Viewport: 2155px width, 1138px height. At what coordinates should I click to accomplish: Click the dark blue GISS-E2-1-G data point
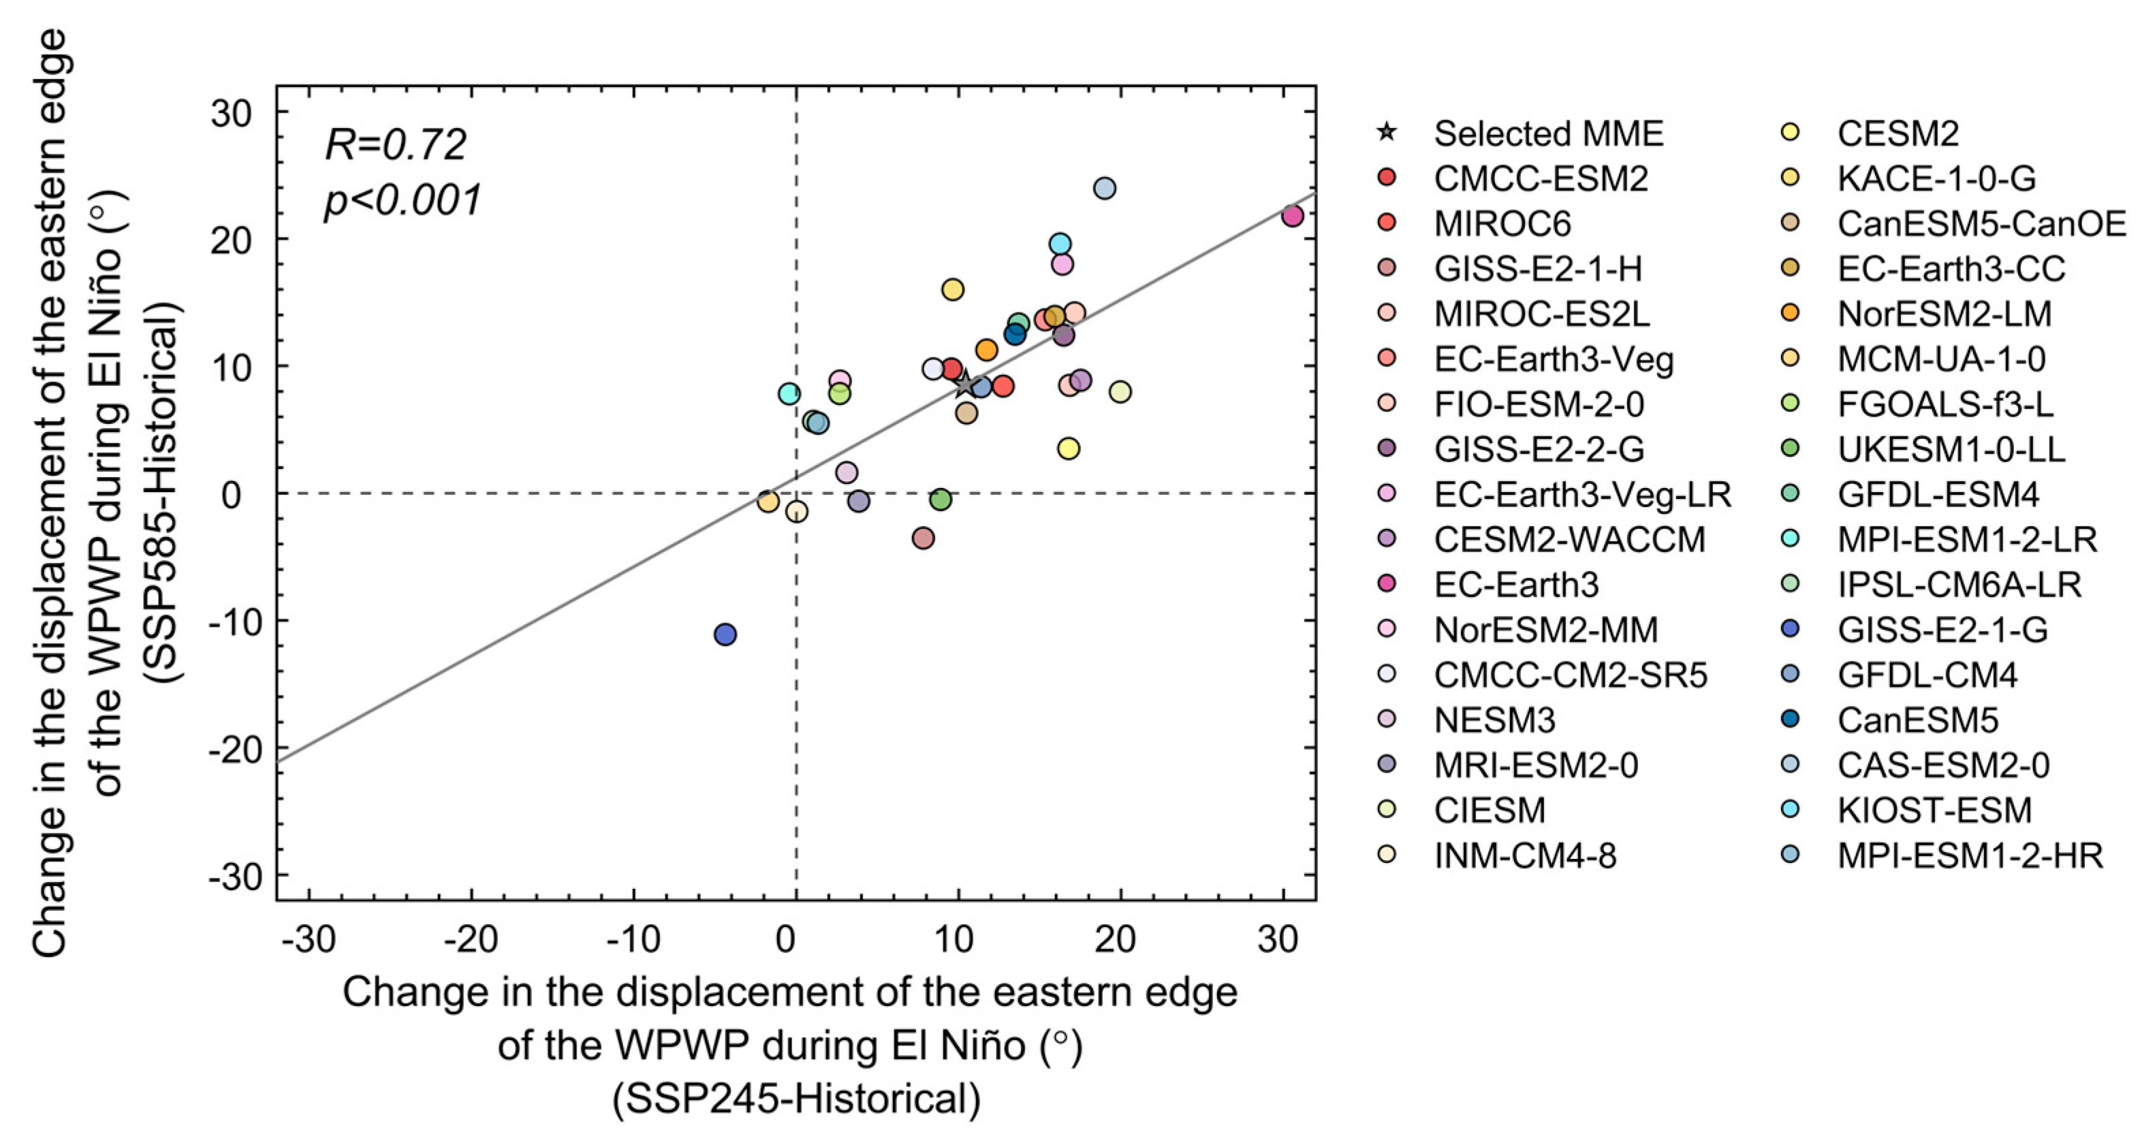point(725,634)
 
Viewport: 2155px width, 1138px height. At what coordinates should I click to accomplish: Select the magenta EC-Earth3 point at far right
point(1293,216)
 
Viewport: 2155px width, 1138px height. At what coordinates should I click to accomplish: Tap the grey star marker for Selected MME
point(965,385)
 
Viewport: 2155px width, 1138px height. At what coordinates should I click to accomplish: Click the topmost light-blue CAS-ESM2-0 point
point(1104,188)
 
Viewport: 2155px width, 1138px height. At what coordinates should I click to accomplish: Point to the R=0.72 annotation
point(395,145)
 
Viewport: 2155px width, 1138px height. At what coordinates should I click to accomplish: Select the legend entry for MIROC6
point(1502,223)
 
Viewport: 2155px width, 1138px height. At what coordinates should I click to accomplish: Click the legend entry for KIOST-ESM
point(1934,809)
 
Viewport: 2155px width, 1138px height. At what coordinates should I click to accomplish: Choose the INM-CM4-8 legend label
point(1524,855)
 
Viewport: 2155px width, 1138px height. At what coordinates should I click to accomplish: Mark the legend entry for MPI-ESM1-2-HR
point(1969,855)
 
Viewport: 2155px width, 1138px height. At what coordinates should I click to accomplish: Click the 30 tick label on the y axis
point(231,112)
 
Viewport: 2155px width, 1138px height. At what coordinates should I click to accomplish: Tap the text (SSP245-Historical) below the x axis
point(796,1099)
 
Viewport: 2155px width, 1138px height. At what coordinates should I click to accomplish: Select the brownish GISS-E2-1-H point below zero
point(923,538)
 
